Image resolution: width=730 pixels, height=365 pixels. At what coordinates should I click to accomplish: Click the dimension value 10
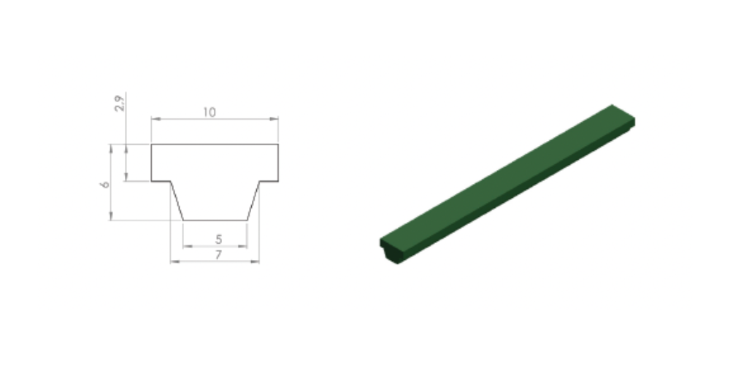(x=210, y=112)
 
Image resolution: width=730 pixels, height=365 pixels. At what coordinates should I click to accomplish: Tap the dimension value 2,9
(x=120, y=104)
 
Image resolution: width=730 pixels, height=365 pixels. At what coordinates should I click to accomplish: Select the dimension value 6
(x=105, y=185)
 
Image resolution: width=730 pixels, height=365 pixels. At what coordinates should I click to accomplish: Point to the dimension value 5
(x=219, y=239)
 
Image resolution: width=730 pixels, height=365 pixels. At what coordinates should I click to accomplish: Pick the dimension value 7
(x=218, y=255)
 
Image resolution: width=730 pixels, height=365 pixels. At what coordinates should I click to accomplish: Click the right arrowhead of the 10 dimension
(x=274, y=119)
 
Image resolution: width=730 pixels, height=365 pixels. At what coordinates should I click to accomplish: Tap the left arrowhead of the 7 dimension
(x=175, y=261)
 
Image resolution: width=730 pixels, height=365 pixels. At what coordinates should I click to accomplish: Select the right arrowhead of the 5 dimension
(x=242, y=246)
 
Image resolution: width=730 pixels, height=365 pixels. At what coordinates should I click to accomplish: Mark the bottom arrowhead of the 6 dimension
(x=111, y=215)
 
